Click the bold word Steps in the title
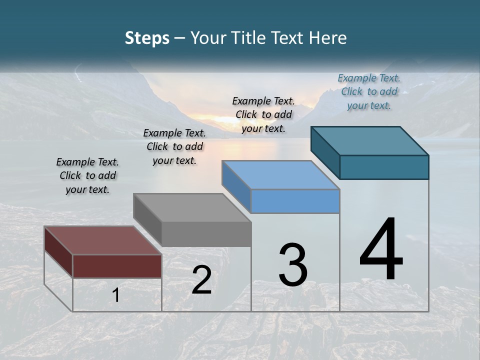[x=147, y=38]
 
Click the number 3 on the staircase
[x=292, y=264]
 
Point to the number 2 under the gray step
[x=201, y=280]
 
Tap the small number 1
[x=116, y=295]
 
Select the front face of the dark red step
[x=117, y=266]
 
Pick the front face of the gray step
[x=206, y=234]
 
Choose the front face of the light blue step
[x=295, y=201]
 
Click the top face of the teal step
[x=370, y=141]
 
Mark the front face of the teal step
[x=384, y=167]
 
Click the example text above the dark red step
[x=87, y=175]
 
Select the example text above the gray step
[x=174, y=146]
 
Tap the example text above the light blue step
[x=263, y=114]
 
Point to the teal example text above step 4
[x=369, y=91]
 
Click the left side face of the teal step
[x=325, y=152]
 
